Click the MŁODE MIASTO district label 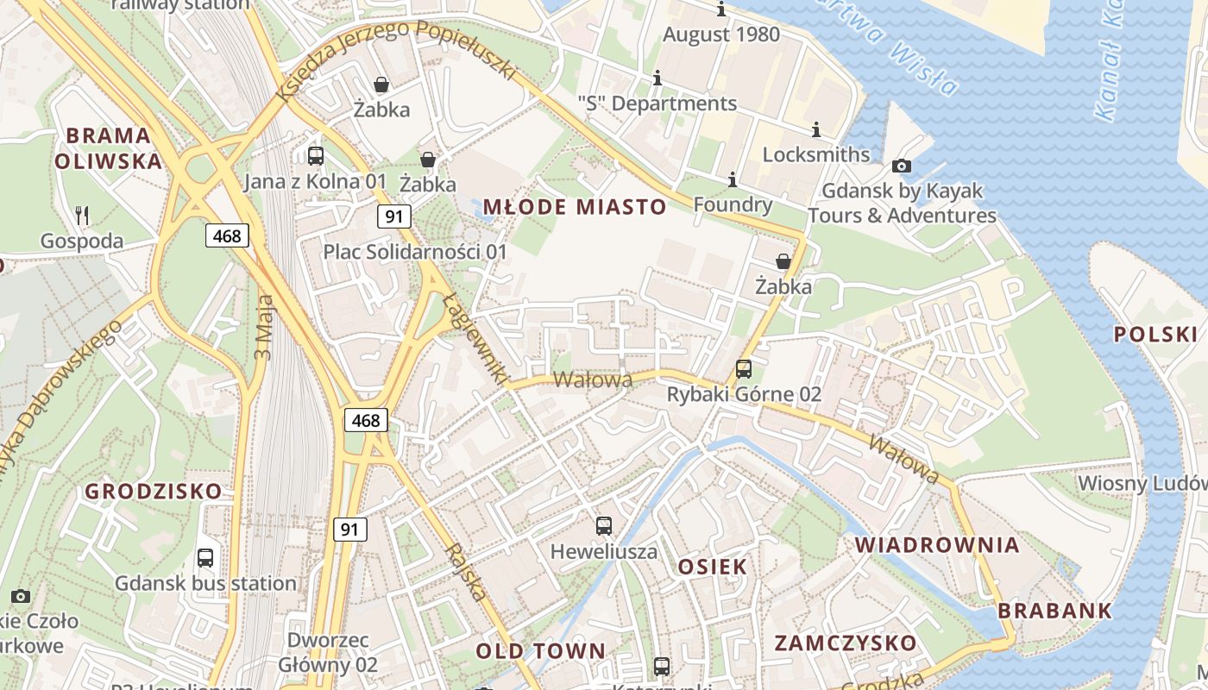pyautogui.click(x=575, y=207)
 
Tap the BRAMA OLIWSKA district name pyautogui.click(x=109, y=148)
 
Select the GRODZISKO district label pyautogui.click(x=153, y=492)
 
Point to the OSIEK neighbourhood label pyautogui.click(x=713, y=567)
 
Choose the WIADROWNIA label pyautogui.click(x=937, y=545)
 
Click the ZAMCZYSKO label pyautogui.click(x=845, y=643)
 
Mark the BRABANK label pyautogui.click(x=1055, y=611)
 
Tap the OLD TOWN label pyautogui.click(x=541, y=651)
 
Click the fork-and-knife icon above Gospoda pyautogui.click(x=82, y=215)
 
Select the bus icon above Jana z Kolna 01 pyautogui.click(x=316, y=156)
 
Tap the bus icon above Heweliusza pyautogui.click(x=604, y=525)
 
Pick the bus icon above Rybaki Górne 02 pyautogui.click(x=744, y=369)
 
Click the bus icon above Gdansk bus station pyautogui.click(x=205, y=557)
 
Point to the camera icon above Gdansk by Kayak pyautogui.click(x=902, y=166)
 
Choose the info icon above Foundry pyautogui.click(x=733, y=179)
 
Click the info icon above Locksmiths pyautogui.click(x=816, y=129)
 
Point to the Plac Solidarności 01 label pyautogui.click(x=415, y=252)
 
